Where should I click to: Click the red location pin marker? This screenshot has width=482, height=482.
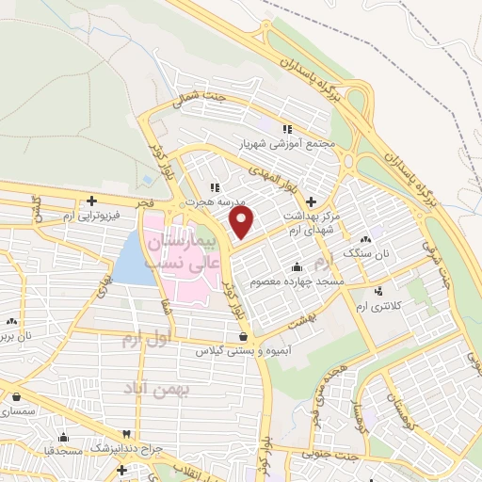tap(243, 222)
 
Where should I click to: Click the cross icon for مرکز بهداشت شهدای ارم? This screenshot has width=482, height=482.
tap(312, 200)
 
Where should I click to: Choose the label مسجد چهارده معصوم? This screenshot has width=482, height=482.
tap(297, 281)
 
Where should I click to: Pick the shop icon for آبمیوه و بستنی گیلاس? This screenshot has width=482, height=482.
tap(244, 335)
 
